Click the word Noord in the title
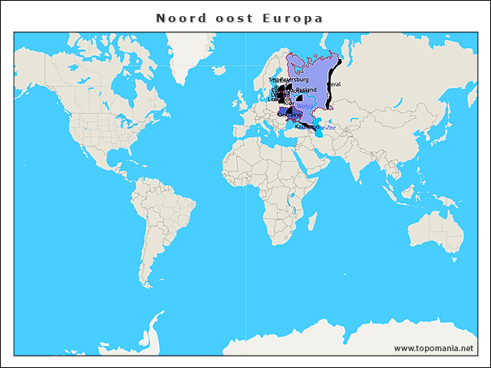pos(180,18)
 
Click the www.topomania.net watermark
pos(433,348)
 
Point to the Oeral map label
pos(334,84)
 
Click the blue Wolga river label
pos(305,107)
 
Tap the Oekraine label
pos(290,114)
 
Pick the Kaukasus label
pos(306,126)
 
